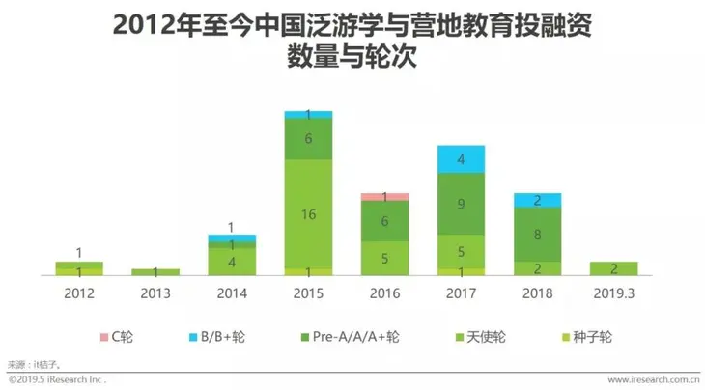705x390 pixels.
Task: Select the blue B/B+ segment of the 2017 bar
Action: point(461,159)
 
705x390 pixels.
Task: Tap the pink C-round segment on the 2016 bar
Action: point(384,197)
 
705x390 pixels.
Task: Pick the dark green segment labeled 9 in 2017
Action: point(461,204)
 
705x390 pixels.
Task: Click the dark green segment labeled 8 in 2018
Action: point(538,235)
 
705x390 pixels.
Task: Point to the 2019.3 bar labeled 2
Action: point(614,268)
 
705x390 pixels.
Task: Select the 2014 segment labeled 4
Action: point(232,262)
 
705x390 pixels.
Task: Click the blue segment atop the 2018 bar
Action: point(538,200)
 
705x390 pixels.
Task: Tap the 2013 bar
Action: point(155,271)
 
